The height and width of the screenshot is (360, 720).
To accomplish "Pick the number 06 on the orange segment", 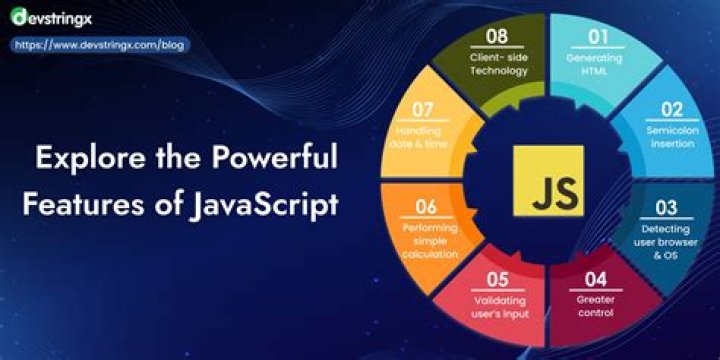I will point(426,207).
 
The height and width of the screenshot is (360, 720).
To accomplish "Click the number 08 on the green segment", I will point(497,38).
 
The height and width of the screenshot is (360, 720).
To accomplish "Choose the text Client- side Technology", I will point(497,64).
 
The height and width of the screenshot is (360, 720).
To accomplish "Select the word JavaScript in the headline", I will point(264,203).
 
